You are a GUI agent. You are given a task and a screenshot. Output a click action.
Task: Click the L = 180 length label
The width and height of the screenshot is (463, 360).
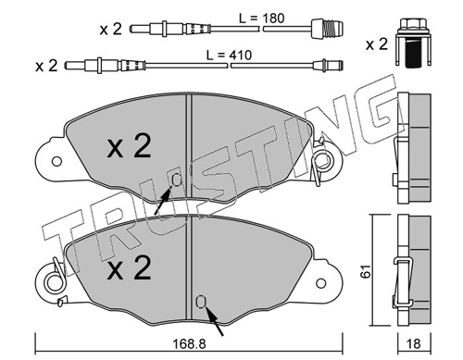262,19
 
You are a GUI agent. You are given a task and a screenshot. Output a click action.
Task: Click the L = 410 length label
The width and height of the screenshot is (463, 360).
229,56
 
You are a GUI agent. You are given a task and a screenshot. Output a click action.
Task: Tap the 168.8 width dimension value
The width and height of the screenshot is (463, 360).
189,343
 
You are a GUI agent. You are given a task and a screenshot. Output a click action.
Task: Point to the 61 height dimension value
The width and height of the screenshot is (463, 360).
367,271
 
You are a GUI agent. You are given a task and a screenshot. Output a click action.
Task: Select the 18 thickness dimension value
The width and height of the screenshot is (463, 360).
414,343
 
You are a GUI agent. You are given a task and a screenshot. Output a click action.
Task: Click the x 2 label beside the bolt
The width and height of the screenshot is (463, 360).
377,44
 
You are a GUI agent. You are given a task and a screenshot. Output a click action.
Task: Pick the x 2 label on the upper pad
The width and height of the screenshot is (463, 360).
129,147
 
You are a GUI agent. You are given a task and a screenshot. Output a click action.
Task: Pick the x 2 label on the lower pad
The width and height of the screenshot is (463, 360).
129,268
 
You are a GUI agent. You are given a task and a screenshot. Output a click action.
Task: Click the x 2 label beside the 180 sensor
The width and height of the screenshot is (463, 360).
111,30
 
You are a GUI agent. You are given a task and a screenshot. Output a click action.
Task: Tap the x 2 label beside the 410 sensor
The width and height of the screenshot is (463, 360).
46,66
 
